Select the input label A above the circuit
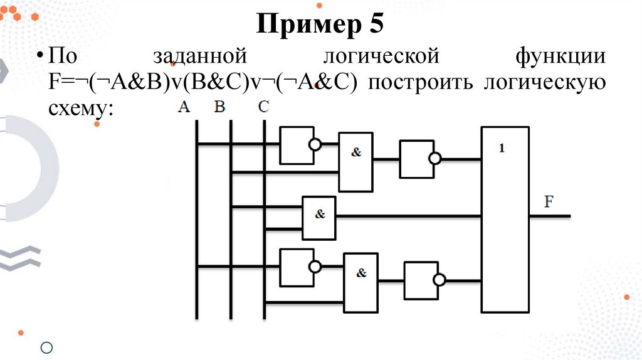pyautogui.click(x=183, y=107)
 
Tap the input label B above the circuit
pyautogui.click(x=219, y=107)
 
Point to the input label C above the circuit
pyautogui.click(x=263, y=107)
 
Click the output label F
pyautogui.click(x=549, y=202)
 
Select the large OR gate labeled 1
pyautogui.click(x=505, y=219)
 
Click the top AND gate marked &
pyautogui.click(x=355, y=162)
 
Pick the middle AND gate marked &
pyautogui.click(x=319, y=218)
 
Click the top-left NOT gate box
pyautogui.click(x=295, y=146)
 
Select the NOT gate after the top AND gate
pyautogui.click(x=415, y=159)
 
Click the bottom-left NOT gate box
pyautogui.click(x=296, y=267)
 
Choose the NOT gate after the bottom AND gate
pyautogui.click(x=421, y=280)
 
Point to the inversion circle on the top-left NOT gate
pyautogui.click(x=315, y=145)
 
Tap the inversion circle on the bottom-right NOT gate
pyautogui.click(x=441, y=280)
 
